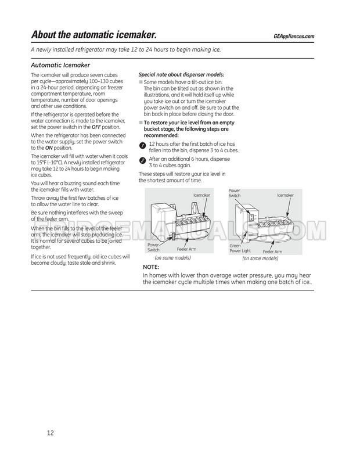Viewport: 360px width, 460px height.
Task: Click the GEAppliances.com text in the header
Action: click(x=293, y=37)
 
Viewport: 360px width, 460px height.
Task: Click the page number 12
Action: click(x=51, y=433)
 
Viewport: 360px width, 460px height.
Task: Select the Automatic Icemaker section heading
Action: click(x=60, y=65)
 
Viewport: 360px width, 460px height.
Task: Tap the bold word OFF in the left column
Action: click(x=88, y=128)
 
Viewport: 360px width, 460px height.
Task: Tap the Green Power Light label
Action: click(x=239, y=248)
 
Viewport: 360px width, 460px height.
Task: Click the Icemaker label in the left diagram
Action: click(x=201, y=196)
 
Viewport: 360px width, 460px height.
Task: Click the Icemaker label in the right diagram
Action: click(x=285, y=195)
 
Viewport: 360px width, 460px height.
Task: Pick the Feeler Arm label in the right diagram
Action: click(x=272, y=251)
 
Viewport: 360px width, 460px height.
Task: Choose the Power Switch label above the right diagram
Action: click(x=235, y=193)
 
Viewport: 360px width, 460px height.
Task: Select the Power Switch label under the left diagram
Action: click(x=153, y=247)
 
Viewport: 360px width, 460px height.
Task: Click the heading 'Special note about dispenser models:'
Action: click(x=181, y=75)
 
